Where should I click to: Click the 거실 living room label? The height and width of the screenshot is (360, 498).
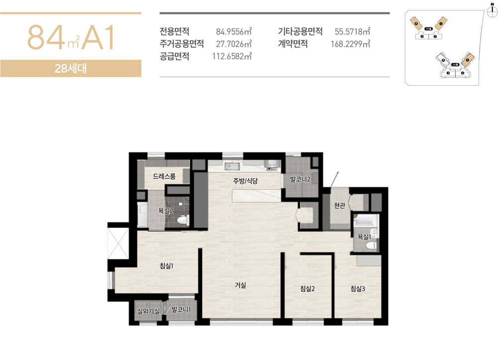pos(241,285)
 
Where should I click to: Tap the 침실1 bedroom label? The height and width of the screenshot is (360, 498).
pos(166,266)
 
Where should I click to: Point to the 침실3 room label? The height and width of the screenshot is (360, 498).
pos(359,288)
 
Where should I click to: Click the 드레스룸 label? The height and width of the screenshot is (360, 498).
pos(164,176)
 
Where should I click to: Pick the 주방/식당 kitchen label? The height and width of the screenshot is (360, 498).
pos(245,181)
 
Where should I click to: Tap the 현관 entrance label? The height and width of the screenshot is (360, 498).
pos(340,207)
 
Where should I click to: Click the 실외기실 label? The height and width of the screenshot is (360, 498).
pos(148,311)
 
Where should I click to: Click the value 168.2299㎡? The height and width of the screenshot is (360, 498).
pos(351,44)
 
